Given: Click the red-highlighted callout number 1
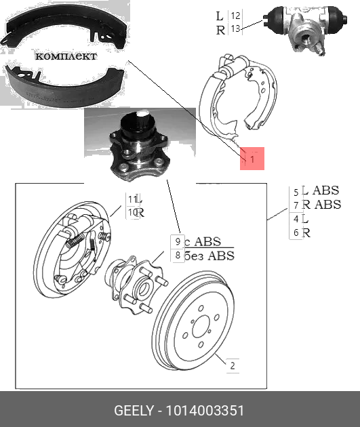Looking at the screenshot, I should (252, 160).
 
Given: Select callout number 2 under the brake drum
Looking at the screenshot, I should (232, 367).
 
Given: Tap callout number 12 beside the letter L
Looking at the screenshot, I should (235, 16).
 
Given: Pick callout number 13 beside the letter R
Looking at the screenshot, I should (235, 29).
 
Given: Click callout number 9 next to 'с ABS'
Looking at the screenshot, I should (177, 242).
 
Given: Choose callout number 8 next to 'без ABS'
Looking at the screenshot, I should (177, 256).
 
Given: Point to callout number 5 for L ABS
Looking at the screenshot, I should (296, 192).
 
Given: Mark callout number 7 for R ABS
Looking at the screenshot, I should (296, 205).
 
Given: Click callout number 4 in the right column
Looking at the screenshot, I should (296, 219).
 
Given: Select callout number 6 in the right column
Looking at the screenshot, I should (296, 232).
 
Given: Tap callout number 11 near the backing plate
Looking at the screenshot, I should (132, 199).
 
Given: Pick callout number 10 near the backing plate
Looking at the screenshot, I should (132, 213).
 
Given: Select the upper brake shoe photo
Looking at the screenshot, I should (61, 30).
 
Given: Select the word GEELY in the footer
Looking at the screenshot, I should (132, 411).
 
